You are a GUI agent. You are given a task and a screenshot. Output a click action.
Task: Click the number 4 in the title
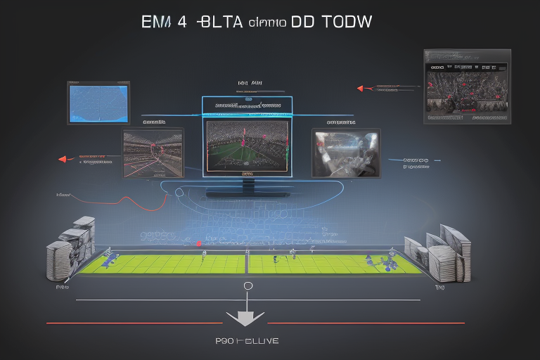coord(182,21)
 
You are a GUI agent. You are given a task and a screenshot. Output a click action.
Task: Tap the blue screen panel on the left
coord(98,103)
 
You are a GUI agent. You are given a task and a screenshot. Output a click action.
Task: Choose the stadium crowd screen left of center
coord(153,153)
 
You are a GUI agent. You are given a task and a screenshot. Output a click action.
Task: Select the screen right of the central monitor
coord(346,153)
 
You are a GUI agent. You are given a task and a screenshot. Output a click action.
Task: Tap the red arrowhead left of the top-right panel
coord(361,89)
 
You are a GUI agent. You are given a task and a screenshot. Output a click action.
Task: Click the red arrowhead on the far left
coord(62,159)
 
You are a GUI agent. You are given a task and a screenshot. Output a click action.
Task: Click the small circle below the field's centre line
coord(247,286)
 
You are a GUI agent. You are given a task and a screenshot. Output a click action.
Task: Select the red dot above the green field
coord(199,244)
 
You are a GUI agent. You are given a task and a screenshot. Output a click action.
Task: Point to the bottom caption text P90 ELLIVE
coord(247,341)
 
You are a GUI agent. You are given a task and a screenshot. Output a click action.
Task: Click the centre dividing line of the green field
coord(247,263)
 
